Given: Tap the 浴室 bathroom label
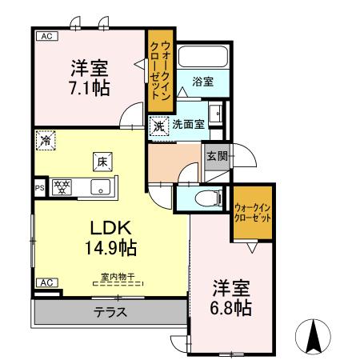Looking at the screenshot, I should [202, 81].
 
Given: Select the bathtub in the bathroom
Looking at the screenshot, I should [203, 57].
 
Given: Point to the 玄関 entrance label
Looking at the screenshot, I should [215, 156].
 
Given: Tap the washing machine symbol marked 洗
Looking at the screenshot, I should [158, 126].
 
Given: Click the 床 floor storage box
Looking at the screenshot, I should [102, 160].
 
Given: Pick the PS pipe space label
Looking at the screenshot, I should [38, 189].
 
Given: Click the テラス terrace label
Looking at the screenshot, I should [110, 312].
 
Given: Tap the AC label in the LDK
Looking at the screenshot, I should [46, 282].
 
